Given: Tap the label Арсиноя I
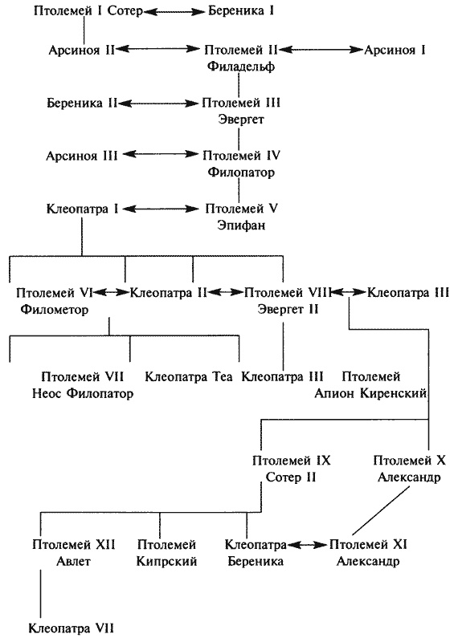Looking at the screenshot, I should point(395,50).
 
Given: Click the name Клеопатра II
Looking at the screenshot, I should point(170,293).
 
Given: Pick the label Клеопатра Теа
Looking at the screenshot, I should point(189,376).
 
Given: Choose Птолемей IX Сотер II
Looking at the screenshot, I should point(290,469).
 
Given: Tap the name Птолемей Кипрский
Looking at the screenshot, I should point(167,553).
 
